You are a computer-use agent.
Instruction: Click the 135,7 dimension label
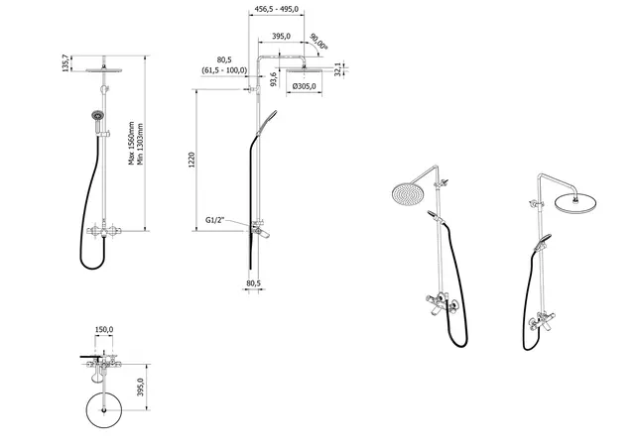tap(66, 63)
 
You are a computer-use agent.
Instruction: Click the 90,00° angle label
tap(318, 45)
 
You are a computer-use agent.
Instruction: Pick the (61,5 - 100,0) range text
tap(223, 70)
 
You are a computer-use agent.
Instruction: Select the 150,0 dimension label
tap(104, 330)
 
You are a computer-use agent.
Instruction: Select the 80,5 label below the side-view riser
tap(252, 283)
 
